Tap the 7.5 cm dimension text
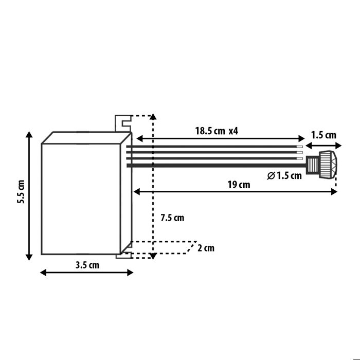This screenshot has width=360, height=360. pos(172,218)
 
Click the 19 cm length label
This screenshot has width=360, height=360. pos(238,185)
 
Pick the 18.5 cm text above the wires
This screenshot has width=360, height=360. pos(209,131)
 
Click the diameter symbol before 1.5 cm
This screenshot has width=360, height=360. pos(271,176)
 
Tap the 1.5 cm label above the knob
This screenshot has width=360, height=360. pos(323,135)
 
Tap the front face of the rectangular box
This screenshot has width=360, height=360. pos(80,198)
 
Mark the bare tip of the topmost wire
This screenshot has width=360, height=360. pos(299,147)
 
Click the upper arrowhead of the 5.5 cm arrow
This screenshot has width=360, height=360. pos(29,135)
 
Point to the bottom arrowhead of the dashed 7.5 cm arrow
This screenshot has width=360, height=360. pos(152,256)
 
